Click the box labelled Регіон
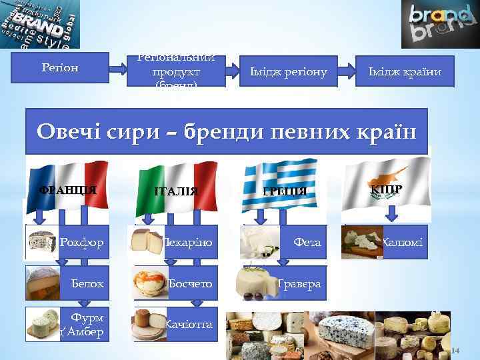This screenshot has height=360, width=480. tap(61, 68)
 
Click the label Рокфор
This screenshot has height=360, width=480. tap(82, 242)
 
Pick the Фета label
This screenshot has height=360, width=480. tap(308, 242)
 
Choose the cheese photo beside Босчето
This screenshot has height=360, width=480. tap(151, 283)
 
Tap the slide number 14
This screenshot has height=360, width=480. tap(455, 351)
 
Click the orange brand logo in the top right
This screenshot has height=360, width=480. tap(439, 24)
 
